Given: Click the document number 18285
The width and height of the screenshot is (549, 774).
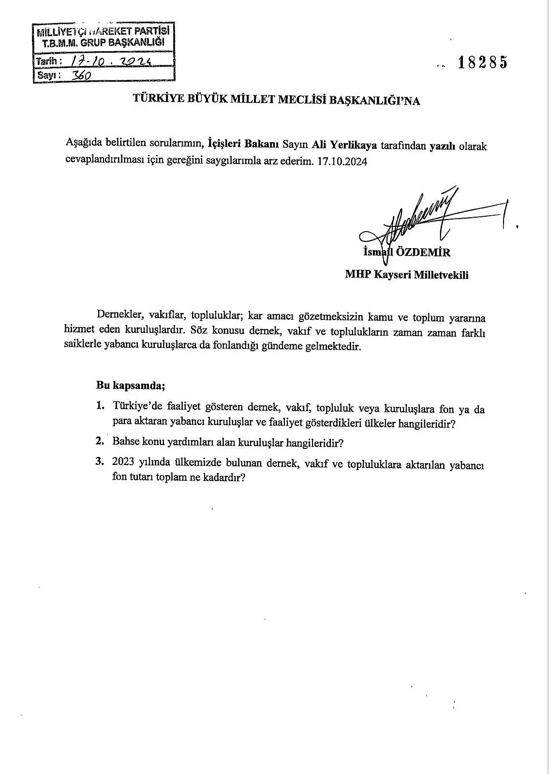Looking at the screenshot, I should (482, 63).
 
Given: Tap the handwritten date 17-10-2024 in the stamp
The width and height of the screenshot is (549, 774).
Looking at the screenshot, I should (112, 61).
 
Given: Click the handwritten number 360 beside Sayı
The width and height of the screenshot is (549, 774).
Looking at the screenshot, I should (81, 75).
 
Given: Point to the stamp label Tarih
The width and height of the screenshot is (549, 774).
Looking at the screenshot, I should (48, 61).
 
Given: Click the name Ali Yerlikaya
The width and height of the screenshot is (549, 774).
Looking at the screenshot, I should (344, 145).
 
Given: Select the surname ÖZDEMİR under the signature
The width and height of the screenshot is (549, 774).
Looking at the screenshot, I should (423, 252).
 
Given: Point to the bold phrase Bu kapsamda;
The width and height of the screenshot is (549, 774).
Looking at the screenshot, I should (131, 385).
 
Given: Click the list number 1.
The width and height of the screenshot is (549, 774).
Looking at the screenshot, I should (100, 405).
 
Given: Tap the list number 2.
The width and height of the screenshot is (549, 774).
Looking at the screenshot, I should (100, 441).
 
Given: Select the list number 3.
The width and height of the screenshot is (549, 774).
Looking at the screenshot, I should (100, 461).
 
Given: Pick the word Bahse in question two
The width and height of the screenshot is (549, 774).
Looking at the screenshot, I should (125, 441).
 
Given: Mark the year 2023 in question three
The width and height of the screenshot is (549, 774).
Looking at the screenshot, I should (123, 462).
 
